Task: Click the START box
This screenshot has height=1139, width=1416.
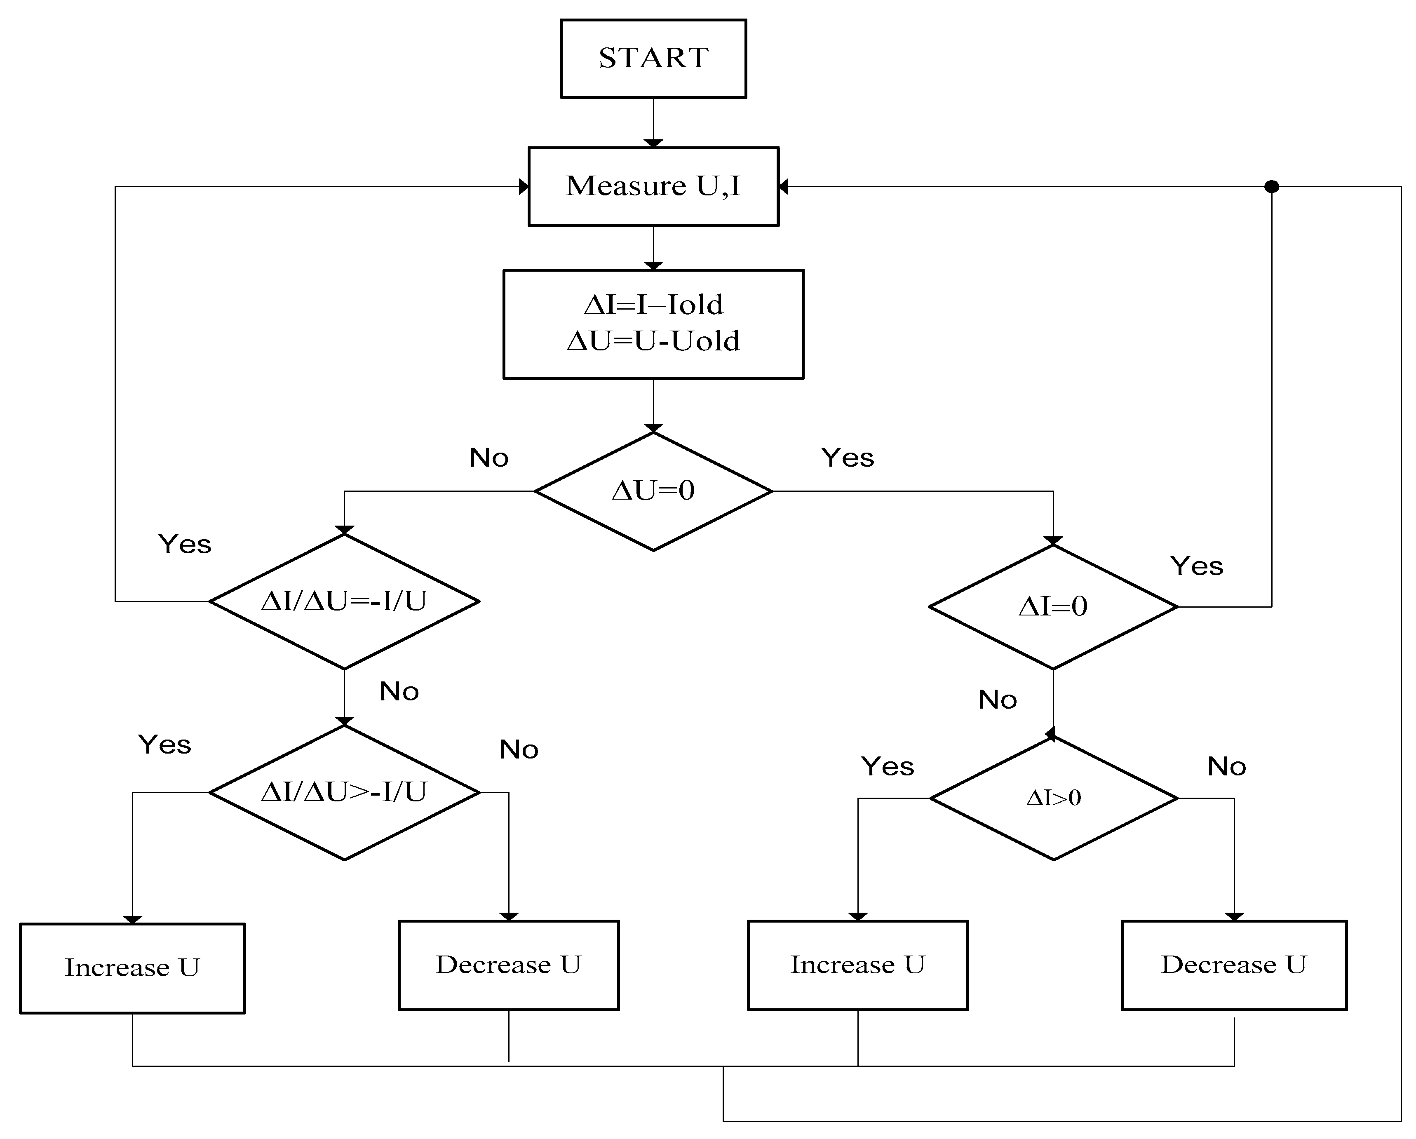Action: coord(653,59)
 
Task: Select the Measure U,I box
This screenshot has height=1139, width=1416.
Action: coord(653,187)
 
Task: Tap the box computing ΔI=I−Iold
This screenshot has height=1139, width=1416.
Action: coord(653,324)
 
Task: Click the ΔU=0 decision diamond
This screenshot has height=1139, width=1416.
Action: coord(653,491)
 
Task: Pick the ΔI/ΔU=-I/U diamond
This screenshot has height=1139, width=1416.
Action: coord(344,601)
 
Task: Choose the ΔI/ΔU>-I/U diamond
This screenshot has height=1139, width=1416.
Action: coord(344,792)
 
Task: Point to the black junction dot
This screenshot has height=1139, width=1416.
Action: coord(1271,187)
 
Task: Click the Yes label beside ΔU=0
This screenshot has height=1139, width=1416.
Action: coord(847,458)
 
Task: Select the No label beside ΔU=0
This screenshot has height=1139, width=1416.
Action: coord(488,458)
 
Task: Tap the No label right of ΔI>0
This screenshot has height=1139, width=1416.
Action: coord(1226,767)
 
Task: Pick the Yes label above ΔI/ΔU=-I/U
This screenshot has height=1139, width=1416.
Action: coord(185,545)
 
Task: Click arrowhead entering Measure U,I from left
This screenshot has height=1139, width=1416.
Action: coord(524,187)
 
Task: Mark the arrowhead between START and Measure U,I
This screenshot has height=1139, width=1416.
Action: coord(653,143)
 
